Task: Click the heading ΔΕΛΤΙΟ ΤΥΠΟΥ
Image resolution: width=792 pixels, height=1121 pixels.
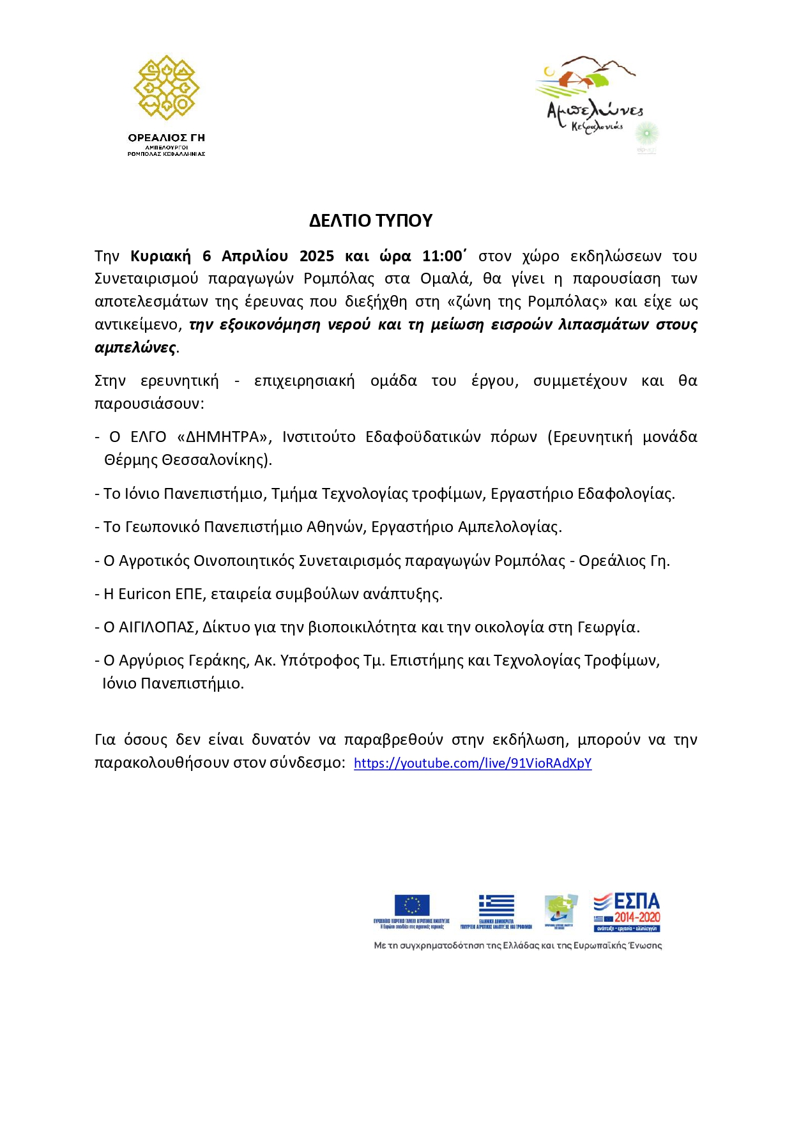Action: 370,220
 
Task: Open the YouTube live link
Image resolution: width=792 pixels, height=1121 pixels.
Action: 473,763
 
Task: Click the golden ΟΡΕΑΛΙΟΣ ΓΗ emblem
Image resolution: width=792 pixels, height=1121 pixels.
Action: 166,88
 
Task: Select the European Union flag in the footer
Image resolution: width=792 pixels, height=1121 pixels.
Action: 412,905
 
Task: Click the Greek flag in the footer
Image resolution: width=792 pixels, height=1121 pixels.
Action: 496,906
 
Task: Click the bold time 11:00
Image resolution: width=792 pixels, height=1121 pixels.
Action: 443,256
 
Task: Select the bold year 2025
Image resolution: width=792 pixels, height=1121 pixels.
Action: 316,256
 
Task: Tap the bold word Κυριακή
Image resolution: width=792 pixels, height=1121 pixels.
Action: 160,256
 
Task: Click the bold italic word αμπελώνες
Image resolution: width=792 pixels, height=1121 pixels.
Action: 135,347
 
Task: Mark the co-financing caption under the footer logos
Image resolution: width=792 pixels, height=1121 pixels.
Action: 517,945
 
